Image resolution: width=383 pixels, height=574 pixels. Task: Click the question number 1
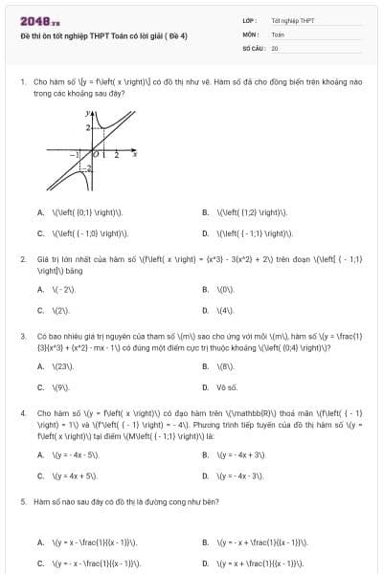[22, 82]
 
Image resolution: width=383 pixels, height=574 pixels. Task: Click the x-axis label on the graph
[133, 153]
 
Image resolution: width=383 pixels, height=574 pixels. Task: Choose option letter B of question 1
[205, 212]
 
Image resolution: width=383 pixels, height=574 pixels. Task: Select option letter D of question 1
[205, 232]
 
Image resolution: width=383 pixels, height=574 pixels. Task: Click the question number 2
[22, 259]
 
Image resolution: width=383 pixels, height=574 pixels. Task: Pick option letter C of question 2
[40, 310]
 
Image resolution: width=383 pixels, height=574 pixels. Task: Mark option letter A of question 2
[40, 289]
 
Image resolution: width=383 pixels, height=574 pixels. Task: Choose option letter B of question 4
[205, 454]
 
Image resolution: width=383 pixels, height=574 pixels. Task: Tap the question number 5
[22, 500]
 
